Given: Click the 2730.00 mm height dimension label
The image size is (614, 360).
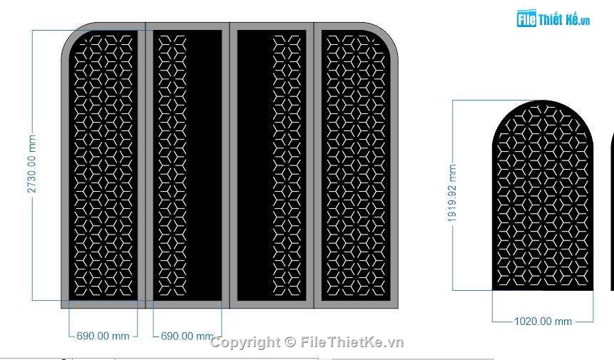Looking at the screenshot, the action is (31, 163).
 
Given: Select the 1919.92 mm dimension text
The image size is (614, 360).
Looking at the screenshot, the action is (452, 193).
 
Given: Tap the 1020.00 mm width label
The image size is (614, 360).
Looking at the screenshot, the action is (543, 322).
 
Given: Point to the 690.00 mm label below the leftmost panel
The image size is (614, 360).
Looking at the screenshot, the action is (103, 336).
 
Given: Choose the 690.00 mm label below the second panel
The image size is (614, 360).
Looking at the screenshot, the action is (187, 336).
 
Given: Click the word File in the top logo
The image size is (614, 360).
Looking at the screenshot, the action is (527, 19).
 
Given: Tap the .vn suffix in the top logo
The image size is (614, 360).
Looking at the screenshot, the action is (584, 21).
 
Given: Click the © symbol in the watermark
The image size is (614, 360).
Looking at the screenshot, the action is (290, 342).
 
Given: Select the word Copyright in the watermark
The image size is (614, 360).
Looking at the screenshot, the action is (245, 343).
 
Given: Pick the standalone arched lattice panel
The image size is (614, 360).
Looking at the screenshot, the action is (543, 195).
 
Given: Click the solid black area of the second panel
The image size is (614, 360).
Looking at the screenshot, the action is (204, 165).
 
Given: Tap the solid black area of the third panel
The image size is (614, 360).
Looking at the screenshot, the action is (255, 165).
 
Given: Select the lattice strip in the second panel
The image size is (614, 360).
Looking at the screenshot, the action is (172, 165).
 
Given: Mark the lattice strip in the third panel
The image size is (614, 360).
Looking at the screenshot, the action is (287, 165).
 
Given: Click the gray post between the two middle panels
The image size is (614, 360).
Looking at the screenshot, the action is (230, 165).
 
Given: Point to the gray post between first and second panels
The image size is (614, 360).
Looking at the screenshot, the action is (145, 165).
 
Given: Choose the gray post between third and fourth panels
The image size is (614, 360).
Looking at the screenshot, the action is (314, 165).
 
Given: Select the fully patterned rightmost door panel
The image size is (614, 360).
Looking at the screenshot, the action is (356, 165).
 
